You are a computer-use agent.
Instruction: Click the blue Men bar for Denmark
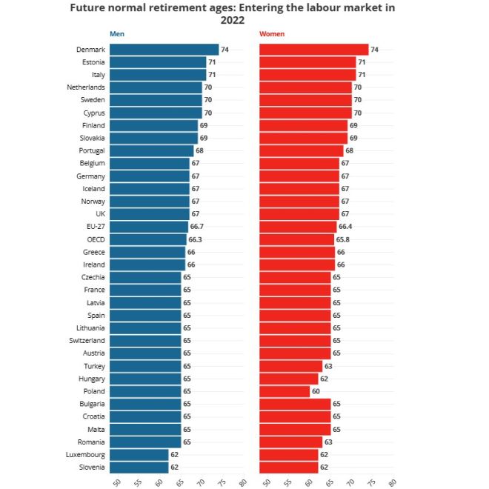click(x=164, y=50)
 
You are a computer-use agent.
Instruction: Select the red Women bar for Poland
click(x=285, y=391)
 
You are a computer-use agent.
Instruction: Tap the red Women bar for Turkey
click(x=290, y=366)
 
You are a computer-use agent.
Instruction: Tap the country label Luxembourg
click(x=84, y=455)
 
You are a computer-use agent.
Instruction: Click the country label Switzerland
click(x=87, y=341)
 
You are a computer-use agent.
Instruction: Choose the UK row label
click(x=99, y=214)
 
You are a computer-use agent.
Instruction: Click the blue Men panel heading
click(x=116, y=34)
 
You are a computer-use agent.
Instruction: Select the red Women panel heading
click(x=271, y=34)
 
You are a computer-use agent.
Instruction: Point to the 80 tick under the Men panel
click(x=242, y=482)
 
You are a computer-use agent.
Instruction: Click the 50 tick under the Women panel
click(x=266, y=482)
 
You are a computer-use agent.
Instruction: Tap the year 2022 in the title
click(x=233, y=21)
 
